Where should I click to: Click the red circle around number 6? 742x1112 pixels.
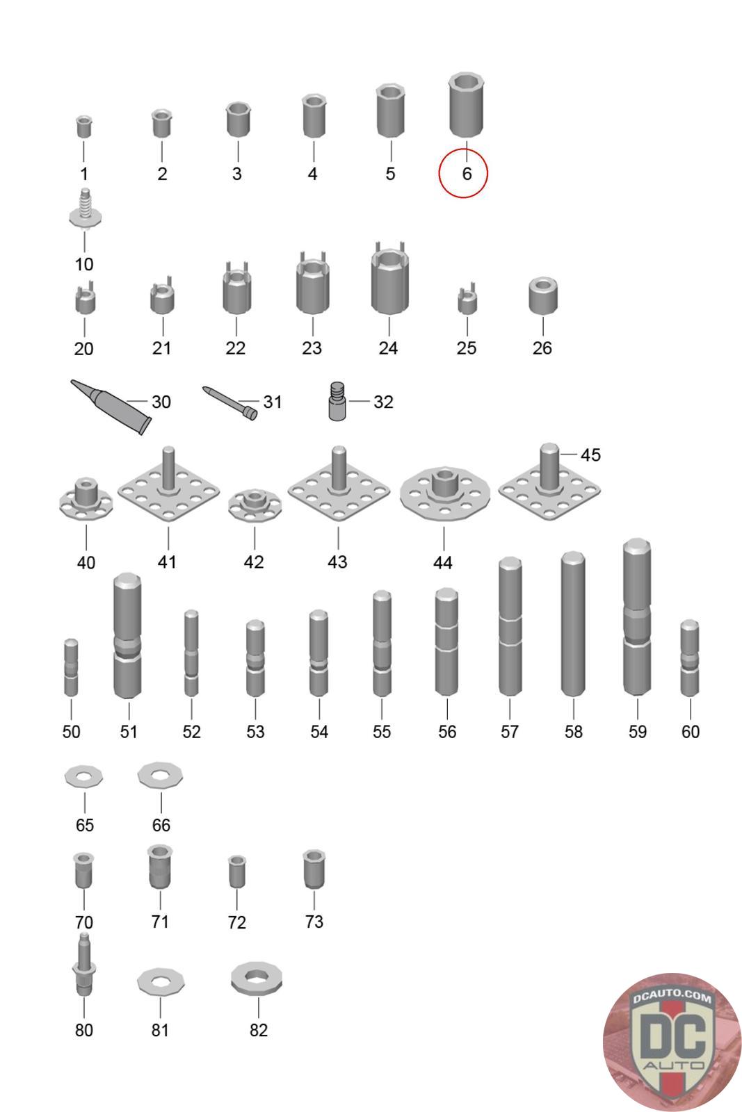[x=439, y=173]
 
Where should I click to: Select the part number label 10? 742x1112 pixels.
[x=84, y=264]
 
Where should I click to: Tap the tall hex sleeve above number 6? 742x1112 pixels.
[x=466, y=105]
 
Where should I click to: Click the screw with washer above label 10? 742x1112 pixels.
[x=86, y=208]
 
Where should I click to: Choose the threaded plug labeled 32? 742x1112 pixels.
[x=337, y=401]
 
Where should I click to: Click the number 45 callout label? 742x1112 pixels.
[x=590, y=455]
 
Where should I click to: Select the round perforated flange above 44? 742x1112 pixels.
[x=445, y=493]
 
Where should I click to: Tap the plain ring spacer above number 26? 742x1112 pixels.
[x=543, y=296]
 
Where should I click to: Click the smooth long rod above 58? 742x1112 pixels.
[x=573, y=623]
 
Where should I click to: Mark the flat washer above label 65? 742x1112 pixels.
[x=84, y=777]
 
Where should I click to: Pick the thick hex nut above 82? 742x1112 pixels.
[x=257, y=979]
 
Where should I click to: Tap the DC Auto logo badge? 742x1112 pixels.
[x=672, y=1042]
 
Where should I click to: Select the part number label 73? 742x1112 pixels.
[x=314, y=922]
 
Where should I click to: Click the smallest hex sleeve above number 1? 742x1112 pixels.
[x=84, y=126]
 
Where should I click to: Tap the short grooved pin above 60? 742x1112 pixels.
[x=689, y=658]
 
